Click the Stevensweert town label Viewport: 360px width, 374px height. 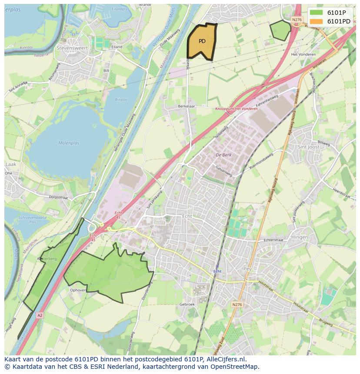(x=72, y=48)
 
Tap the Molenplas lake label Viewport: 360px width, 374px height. (x=68, y=142)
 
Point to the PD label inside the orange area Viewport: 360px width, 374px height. (x=202, y=41)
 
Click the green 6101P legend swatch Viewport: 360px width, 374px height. (x=317, y=13)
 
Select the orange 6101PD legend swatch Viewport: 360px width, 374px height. (x=317, y=21)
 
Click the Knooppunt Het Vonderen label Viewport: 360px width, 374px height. (x=237, y=109)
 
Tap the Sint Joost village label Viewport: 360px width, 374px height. (x=308, y=147)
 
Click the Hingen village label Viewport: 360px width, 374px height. (x=300, y=237)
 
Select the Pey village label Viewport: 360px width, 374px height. (x=248, y=269)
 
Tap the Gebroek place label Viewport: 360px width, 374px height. (x=187, y=304)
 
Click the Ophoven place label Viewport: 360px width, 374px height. (x=78, y=290)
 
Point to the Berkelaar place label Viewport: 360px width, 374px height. (x=186, y=106)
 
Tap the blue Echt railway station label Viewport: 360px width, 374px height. (x=217, y=271)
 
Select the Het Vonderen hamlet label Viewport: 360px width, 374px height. (x=303, y=54)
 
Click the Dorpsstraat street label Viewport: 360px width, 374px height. (x=59, y=197)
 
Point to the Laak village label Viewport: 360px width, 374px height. (x=10, y=165)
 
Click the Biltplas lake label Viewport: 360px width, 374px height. (x=121, y=99)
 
